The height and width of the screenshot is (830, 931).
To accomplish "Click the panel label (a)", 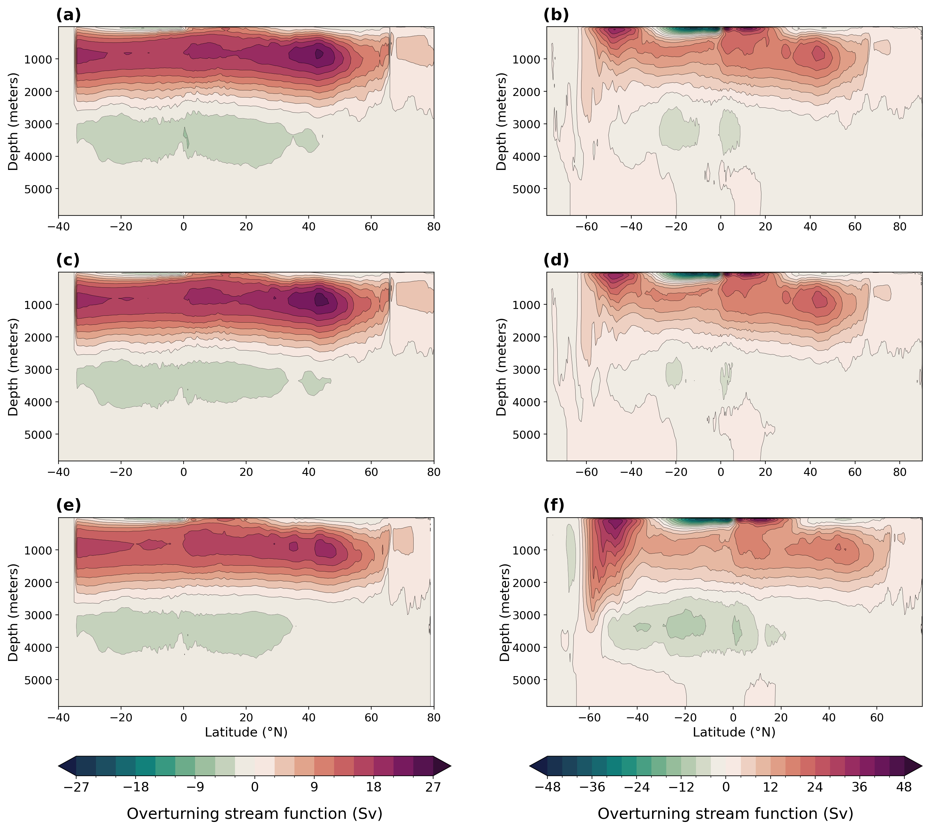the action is click(x=68, y=15).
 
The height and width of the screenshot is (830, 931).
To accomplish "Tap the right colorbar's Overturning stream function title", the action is click(x=725, y=814).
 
